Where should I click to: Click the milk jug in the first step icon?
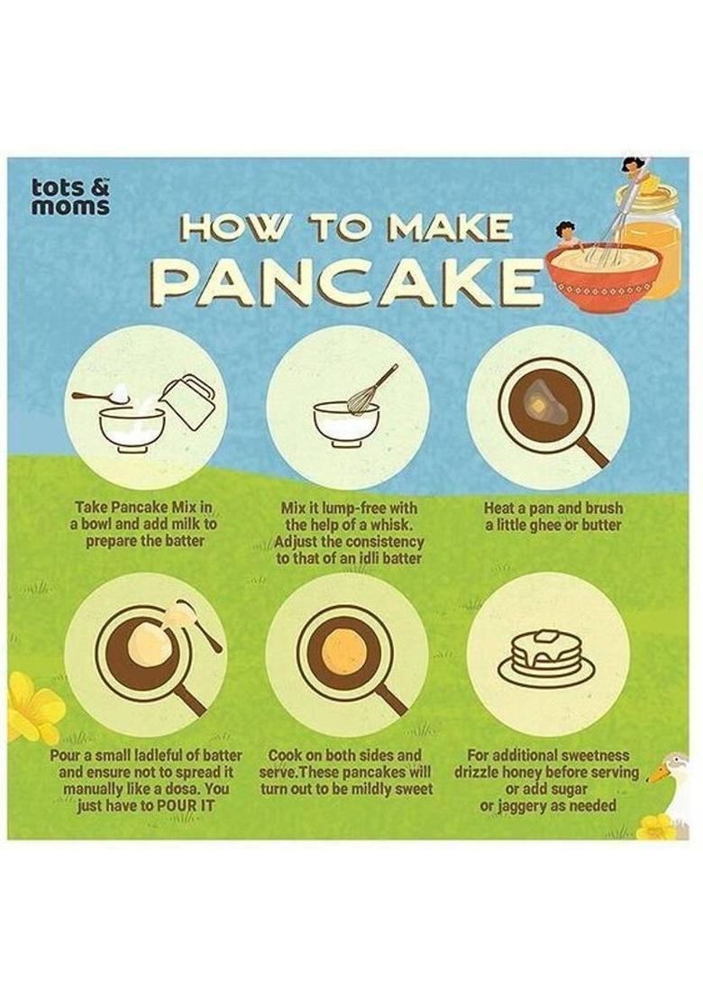(x=187, y=402)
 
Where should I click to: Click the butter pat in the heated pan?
(x=538, y=408)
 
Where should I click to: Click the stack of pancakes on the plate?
(x=544, y=654)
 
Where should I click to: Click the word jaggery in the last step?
(x=526, y=806)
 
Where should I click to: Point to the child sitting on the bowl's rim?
(x=567, y=234)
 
